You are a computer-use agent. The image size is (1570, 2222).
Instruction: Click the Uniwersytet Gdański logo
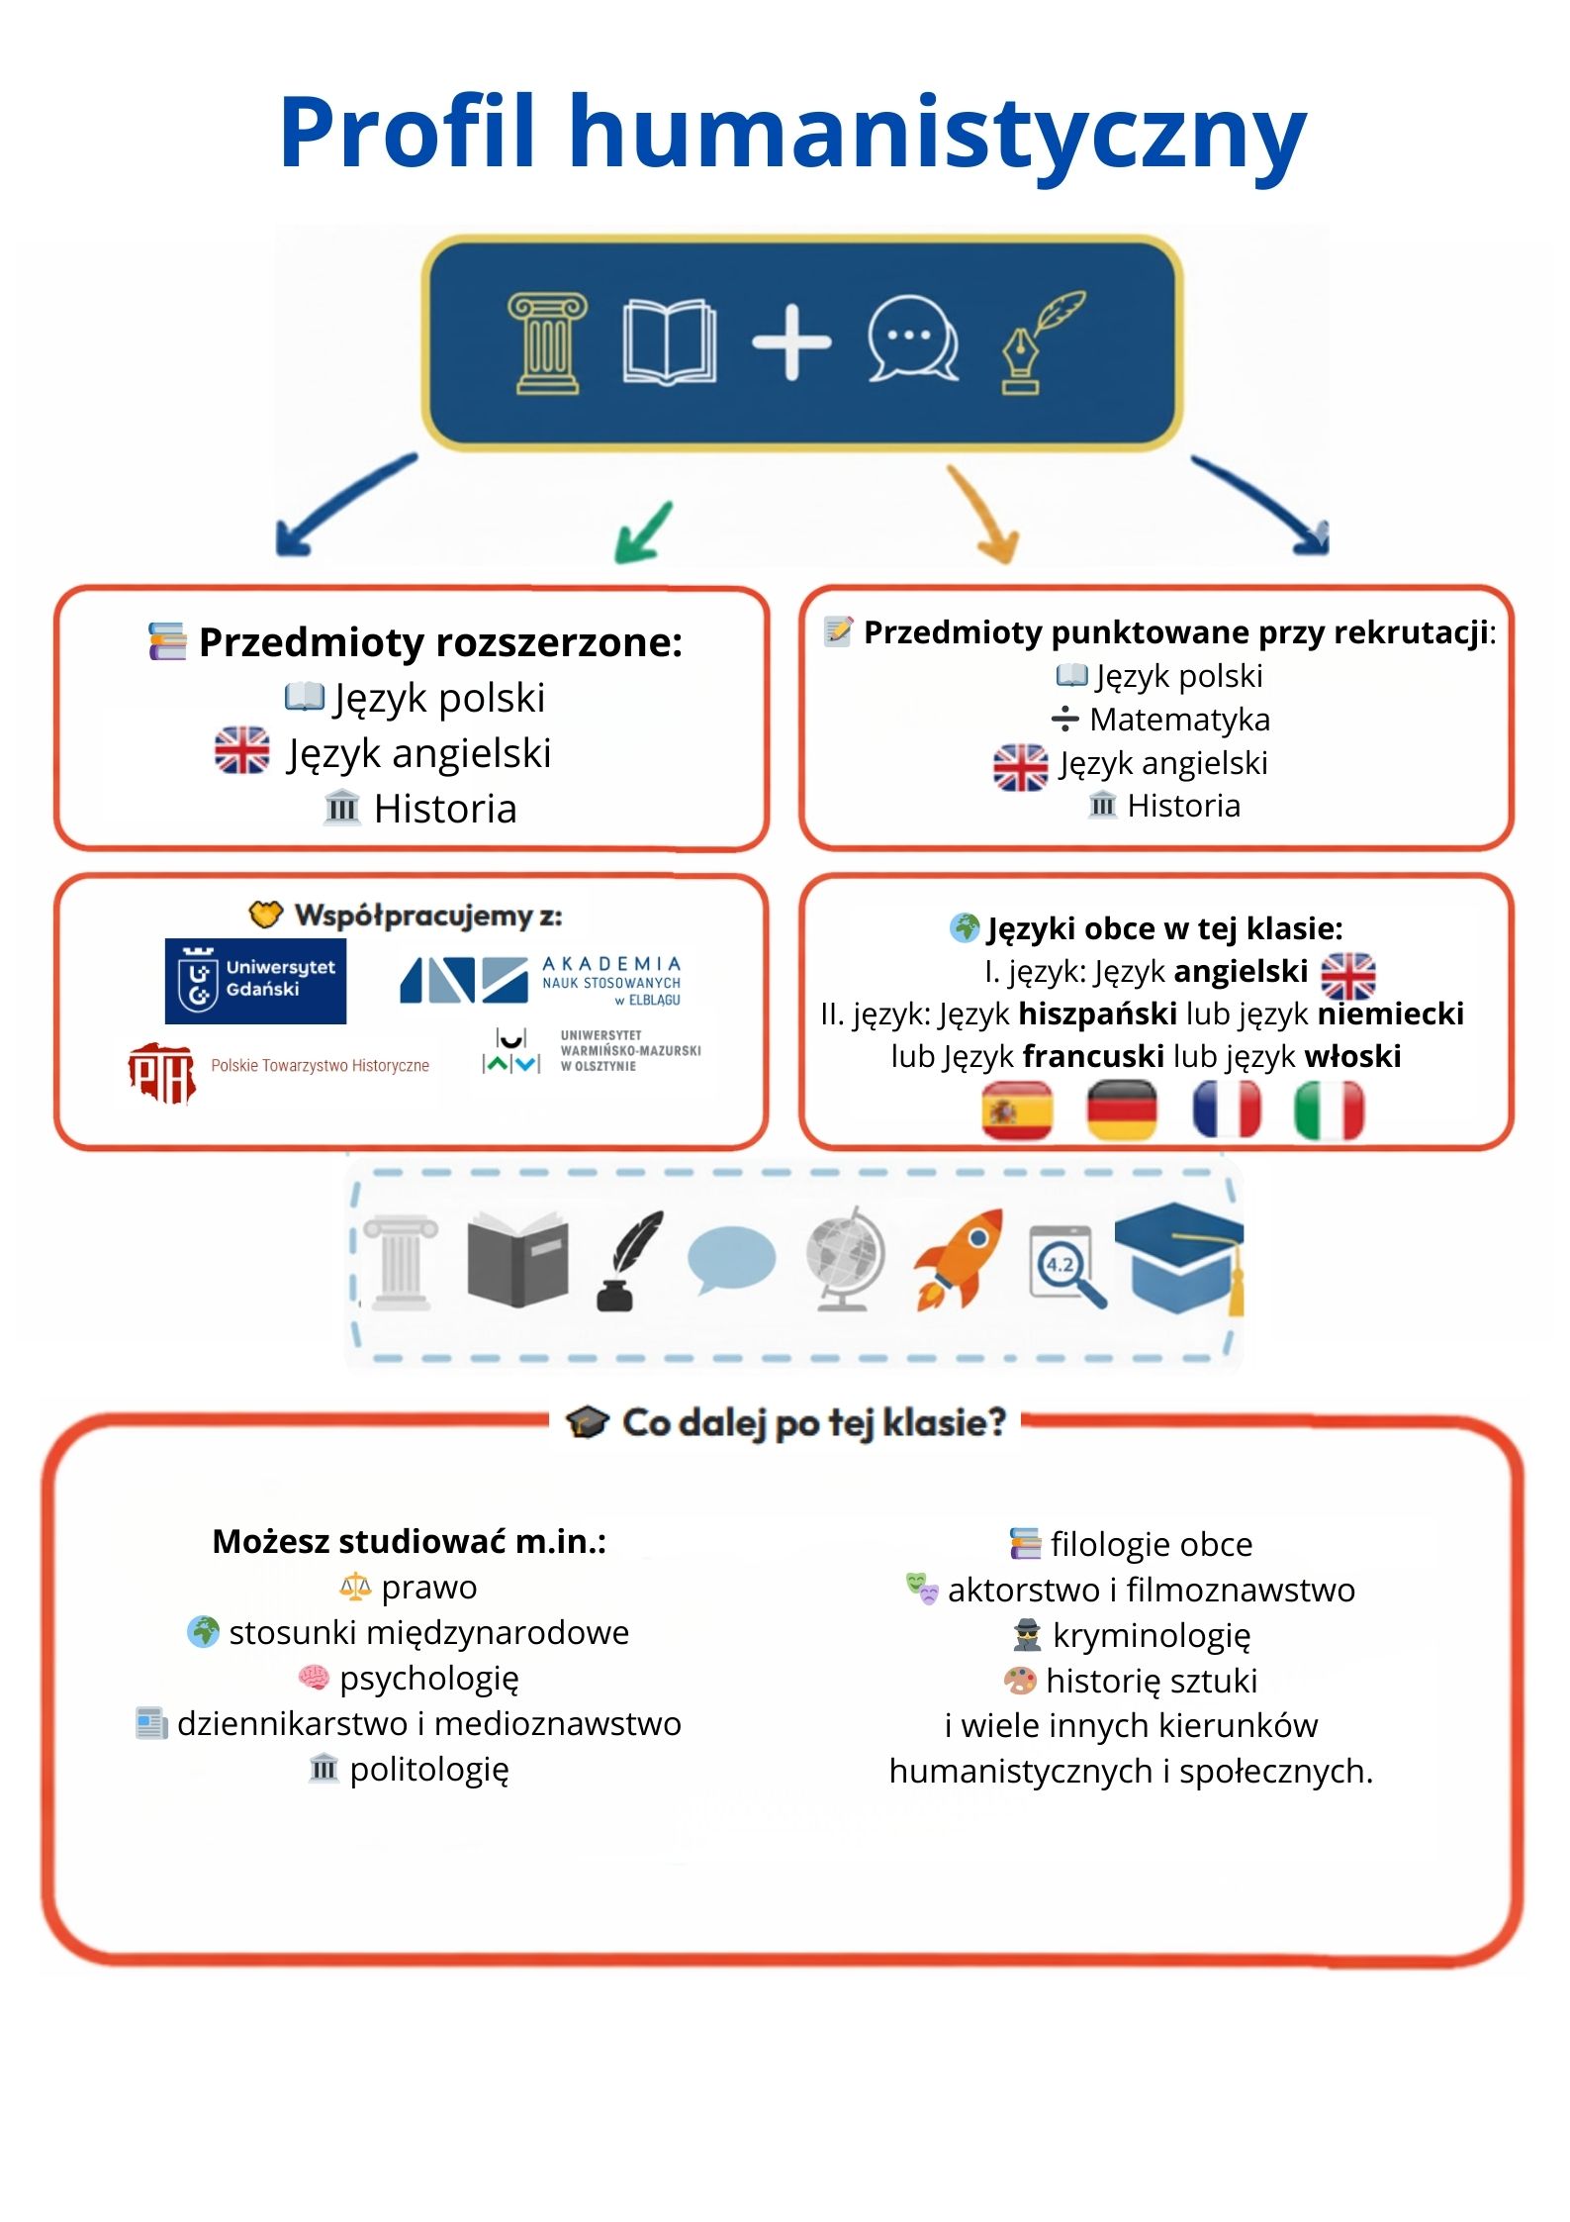tap(255, 980)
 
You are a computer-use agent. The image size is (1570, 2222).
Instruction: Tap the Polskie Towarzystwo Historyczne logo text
tap(320, 1066)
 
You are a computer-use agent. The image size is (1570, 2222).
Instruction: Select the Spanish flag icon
tap(1016, 1111)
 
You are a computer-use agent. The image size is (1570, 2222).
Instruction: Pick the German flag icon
tap(1121, 1111)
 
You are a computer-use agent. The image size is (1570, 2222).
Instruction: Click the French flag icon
tap(1227, 1111)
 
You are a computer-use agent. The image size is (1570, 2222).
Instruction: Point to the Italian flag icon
tap(1329, 1111)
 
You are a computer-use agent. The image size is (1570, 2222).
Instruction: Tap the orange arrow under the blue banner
tap(984, 515)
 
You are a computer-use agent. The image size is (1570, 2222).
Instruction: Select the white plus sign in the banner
tap(791, 342)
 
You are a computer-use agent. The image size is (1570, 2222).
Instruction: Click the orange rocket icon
tap(958, 1259)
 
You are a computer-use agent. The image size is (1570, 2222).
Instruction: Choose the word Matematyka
tap(1179, 720)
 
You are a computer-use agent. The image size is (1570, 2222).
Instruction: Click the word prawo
tap(429, 1588)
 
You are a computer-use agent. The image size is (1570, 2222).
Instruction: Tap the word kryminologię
tap(1152, 1636)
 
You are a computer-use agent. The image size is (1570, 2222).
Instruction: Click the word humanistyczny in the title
tap(937, 134)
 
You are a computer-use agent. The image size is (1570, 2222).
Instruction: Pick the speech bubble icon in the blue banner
tap(912, 339)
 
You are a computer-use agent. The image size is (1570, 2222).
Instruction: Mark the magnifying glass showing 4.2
tap(1066, 1266)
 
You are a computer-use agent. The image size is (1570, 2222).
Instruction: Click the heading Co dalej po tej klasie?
tap(813, 1423)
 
